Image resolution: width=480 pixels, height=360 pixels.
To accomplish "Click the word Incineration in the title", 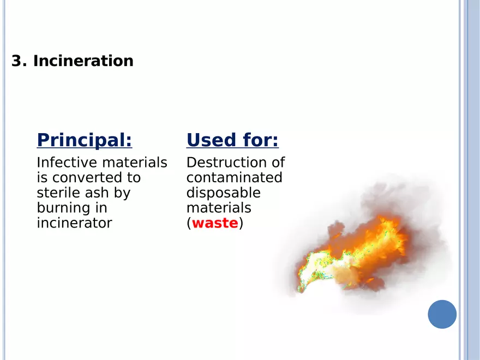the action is pyautogui.click(x=83, y=61).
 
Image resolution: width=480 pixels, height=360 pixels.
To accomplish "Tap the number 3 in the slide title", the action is pyautogui.click(x=17, y=61).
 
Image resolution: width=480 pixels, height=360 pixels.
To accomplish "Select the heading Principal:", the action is pyautogui.click(x=85, y=141).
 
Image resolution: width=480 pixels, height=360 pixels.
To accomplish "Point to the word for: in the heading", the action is pyautogui.click(x=261, y=140).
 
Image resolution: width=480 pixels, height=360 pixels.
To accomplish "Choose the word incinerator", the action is pyautogui.click(x=74, y=223).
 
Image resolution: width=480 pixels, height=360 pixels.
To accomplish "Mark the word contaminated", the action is pyautogui.click(x=234, y=178).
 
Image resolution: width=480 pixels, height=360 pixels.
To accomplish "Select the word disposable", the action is pyautogui.click(x=224, y=194).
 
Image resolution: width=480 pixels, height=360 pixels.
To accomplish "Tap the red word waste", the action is pyautogui.click(x=215, y=223).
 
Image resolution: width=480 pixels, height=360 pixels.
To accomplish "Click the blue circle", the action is pyautogui.click(x=442, y=314).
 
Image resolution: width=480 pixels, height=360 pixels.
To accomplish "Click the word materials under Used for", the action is pyautogui.click(x=219, y=208).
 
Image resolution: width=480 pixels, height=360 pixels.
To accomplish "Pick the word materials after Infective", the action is pyautogui.click(x=135, y=162).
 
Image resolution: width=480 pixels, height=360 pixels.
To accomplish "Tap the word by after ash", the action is pyautogui.click(x=122, y=194).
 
